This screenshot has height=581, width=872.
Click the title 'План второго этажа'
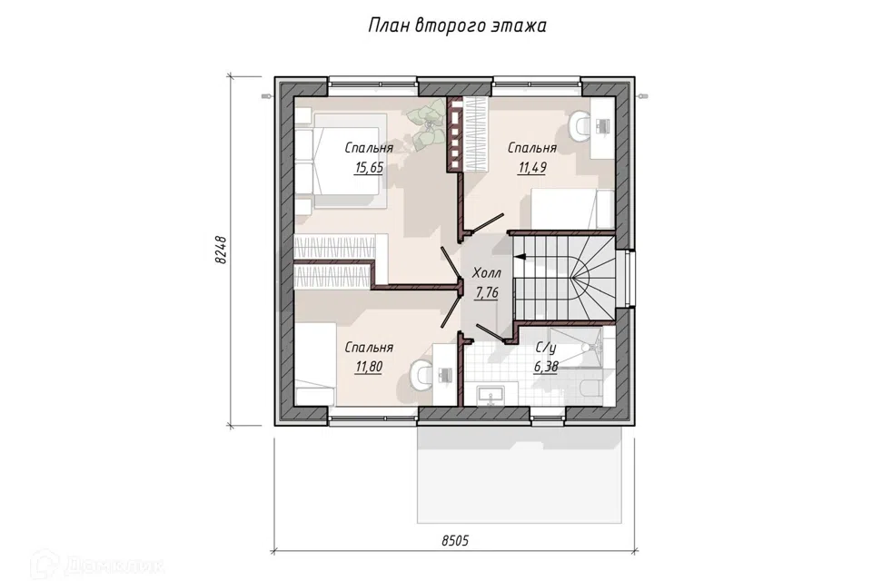(457, 25)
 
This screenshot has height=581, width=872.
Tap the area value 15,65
(369, 167)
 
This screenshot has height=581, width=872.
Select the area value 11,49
(532, 167)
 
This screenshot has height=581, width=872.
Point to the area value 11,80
(369, 367)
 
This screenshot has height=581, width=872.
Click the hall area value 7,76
(487, 292)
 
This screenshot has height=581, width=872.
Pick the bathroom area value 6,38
(546, 367)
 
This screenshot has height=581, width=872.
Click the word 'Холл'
(487, 273)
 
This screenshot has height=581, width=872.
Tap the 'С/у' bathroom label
(546, 348)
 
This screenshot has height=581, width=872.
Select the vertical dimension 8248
(221, 250)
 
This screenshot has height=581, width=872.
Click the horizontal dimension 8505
(455, 540)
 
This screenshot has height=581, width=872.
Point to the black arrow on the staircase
(520, 257)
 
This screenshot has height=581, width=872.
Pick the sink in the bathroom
(491, 396)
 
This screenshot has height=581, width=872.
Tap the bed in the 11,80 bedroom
(314, 364)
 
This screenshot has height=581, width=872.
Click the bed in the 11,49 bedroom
(573, 209)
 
